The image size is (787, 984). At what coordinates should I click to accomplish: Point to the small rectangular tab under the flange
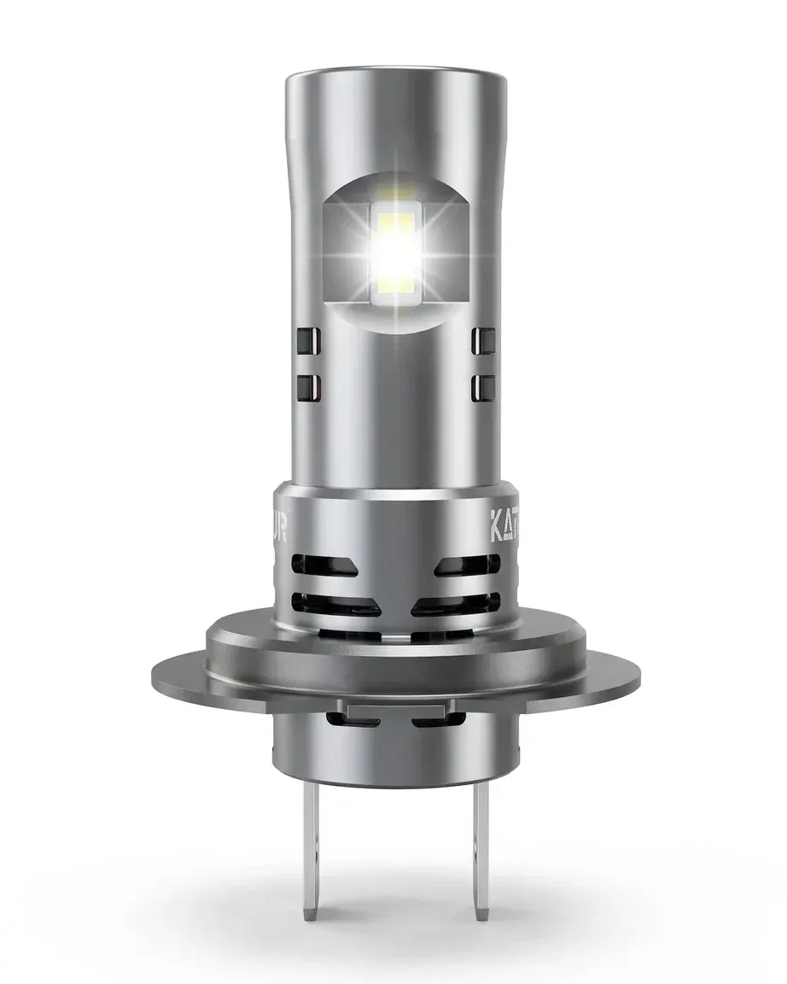coord(393,709)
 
